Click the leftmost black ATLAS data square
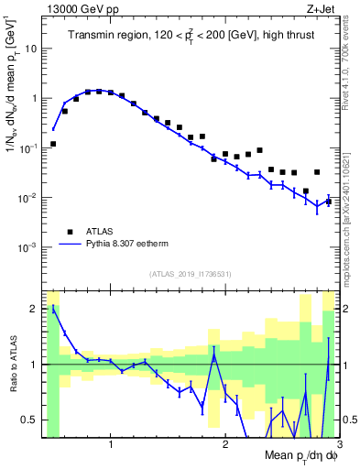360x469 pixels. pos(53,144)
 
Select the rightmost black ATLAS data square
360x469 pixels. pos(328,201)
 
